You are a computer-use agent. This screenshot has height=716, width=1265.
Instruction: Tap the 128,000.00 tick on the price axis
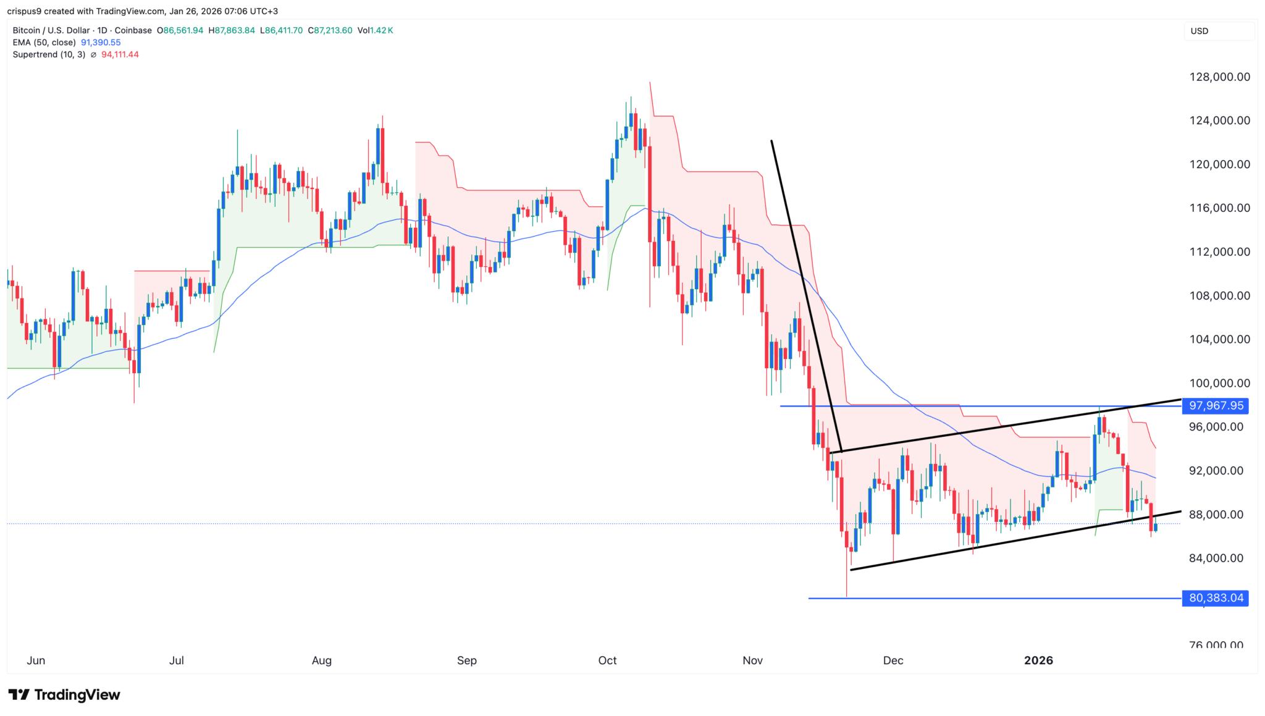coord(1219,77)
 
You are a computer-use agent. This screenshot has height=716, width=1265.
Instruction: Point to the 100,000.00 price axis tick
coord(1219,383)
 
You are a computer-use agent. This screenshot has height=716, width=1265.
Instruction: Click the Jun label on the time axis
coord(36,660)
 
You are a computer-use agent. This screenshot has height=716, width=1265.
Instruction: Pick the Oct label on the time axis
coord(607,660)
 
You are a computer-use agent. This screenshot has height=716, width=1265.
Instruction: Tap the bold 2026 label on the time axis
coord(1038,660)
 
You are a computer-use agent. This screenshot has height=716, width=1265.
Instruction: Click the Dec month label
coord(893,660)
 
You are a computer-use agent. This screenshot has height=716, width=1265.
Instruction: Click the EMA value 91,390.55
coord(101,43)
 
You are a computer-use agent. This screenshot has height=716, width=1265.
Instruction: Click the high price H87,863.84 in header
coord(232,30)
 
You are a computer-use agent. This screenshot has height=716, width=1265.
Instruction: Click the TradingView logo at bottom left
coord(64,695)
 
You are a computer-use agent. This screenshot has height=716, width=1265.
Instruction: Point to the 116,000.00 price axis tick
coord(1219,208)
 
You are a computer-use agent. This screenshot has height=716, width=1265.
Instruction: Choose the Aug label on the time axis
coord(322,660)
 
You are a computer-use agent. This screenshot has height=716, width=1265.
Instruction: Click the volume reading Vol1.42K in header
coord(375,30)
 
